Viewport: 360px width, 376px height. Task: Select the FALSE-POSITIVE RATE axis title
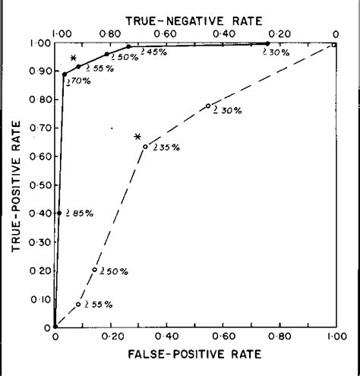click(196, 354)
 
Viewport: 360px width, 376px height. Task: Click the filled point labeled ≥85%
click(59, 213)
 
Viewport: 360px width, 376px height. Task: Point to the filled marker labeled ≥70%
click(65, 74)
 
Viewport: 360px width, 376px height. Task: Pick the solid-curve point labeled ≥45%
click(128, 46)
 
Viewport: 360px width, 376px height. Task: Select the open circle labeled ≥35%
click(145, 147)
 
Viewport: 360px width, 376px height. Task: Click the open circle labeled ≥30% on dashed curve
click(208, 106)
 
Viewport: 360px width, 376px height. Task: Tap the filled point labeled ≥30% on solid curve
click(267, 43)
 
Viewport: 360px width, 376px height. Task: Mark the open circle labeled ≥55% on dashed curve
click(77, 305)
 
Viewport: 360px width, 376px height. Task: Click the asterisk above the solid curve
click(74, 58)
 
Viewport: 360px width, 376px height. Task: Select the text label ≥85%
click(79, 213)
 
